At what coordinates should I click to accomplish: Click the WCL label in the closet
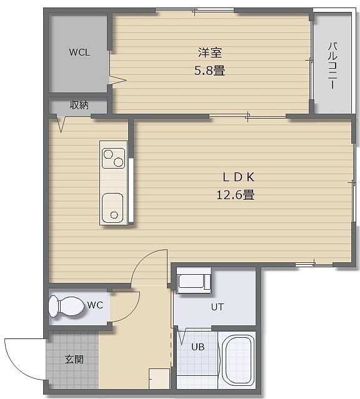tap(79, 52)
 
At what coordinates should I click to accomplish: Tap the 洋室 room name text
tap(210, 52)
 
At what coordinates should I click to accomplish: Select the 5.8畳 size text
tap(209, 71)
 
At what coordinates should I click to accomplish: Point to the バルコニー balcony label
tap(332, 66)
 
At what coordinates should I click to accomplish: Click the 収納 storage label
tap(79, 105)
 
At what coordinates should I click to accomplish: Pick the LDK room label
tap(239, 177)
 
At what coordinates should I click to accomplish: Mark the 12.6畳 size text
tap(236, 195)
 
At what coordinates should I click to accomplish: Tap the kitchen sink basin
tap(112, 208)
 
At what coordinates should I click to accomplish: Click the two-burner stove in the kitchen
tap(113, 158)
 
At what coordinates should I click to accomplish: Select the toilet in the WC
tap(66, 307)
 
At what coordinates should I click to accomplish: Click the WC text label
tap(95, 305)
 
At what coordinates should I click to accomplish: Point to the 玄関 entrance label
tap(74, 359)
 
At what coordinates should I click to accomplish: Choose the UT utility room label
tap(217, 307)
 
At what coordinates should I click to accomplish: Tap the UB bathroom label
tap(198, 347)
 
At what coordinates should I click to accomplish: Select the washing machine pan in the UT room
tap(194, 280)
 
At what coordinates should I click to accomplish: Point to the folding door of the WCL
tap(118, 80)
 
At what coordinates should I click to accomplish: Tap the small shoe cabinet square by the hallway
tap(159, 378)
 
